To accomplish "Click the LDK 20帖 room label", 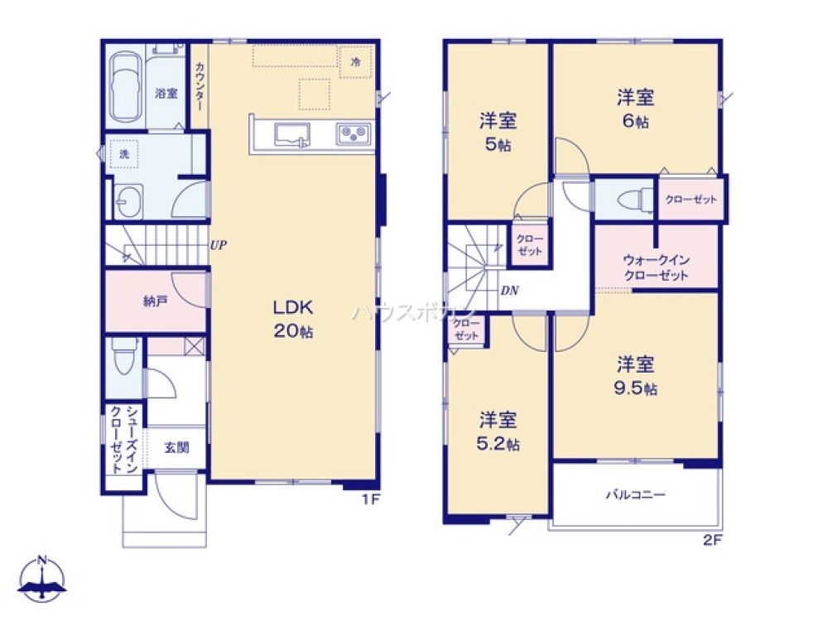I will (293, 319).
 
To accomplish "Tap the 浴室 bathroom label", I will (166, 94).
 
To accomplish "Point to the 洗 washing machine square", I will (124, 154).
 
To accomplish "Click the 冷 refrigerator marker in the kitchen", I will (356, 62).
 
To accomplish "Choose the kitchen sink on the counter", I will (291, 133).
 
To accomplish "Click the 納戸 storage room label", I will (155, 301).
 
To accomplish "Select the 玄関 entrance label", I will (176, 448).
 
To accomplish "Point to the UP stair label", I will (219, 245).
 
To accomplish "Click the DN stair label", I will (510, 291).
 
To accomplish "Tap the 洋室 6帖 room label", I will (635, 108).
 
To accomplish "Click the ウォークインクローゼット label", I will (656, 267).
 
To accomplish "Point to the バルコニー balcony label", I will (635, 495).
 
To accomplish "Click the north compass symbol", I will (44, 580).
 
